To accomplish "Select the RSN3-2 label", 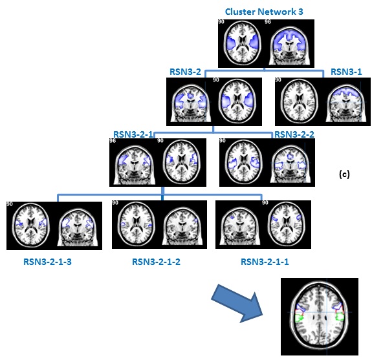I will click(188, 72).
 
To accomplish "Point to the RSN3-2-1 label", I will click(133, 134).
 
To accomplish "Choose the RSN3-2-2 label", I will click(294, 134).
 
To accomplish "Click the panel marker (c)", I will click(344, 175).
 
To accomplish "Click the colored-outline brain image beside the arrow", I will click(319, 317).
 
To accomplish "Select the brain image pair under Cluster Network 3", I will click(266, 43).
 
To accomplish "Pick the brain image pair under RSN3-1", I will click(322, 101).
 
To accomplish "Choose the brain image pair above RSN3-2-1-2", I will click(159, 226).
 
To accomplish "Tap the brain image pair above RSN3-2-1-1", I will click(263, 226).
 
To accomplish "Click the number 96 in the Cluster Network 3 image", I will click(268, 23).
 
